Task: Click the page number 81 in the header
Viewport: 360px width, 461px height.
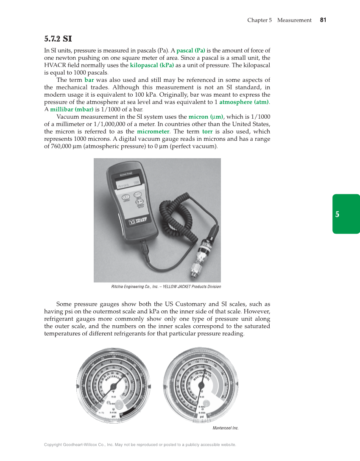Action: (323, 20)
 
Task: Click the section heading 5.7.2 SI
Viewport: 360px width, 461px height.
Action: (58, 39)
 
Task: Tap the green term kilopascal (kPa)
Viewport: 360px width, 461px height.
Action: (152, 65)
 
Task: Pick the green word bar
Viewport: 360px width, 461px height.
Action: (89, 80)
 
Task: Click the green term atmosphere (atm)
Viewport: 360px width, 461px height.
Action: (244, 102)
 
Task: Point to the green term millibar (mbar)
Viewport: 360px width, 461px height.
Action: (72, 109)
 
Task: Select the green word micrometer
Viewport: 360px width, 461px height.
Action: (153, 131)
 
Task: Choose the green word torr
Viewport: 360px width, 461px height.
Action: (207, 131)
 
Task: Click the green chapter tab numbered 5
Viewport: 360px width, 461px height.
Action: (337, 214)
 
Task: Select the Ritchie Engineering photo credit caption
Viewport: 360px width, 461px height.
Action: (166, 287)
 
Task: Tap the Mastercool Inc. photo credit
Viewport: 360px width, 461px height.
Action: (225, 428)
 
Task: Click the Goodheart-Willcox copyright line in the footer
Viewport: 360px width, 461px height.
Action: (140, 444)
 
